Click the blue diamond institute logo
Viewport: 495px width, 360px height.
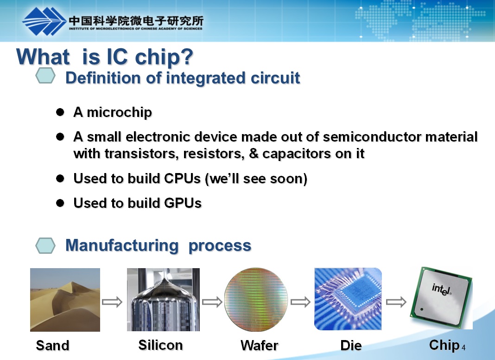pyautogui.click(x=44, y=21)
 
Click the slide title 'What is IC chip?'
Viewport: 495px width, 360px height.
pyautogui.click(x=104, y=57)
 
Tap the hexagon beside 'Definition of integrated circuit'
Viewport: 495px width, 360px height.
pyautogui.click(x=45, y=76)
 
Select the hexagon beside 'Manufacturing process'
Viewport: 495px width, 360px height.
pyautogui.click(x=45, y=245)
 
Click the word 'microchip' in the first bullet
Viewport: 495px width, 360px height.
pyautogui.click(x=119, y=113)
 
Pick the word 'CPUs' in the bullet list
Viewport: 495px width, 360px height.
pyautogui.click(x=183, y=179)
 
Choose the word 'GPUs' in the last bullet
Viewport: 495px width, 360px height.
pyautogui.click(x=183, y=203)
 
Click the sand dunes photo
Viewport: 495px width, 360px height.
pyautogui.click(x=65, y=300)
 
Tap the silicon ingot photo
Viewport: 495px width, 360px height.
pyautogui.click(x=163, y=300)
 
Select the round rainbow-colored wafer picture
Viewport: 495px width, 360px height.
pyautogui.click(x=256, y=300)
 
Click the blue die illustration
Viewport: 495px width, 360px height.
pyautogui.click(x=348, y=299)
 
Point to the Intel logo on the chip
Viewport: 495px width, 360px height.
pyautogui.click(x=441, y=289)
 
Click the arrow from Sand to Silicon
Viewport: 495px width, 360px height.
pyautogui.click(x=112, y=302)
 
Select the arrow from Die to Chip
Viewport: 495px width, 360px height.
pyautogui.click(x=396, y=302)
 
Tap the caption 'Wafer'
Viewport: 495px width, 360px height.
pyautogui.click(x=260, y=345)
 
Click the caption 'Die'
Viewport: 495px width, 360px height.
pyautogui.click(x=351, y=345)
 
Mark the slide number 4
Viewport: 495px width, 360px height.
pyautogui.click(x=463, y=347)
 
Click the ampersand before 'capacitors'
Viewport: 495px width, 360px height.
pyautogui.click(x=254, y=154)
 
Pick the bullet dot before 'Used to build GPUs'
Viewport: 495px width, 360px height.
pyautogui.click(x=60, y=203)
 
